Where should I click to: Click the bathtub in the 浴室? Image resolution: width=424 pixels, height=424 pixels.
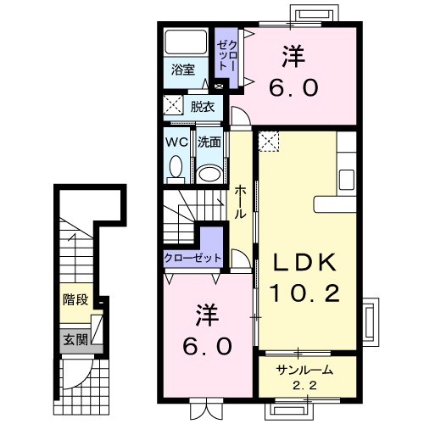[x=186, y=42]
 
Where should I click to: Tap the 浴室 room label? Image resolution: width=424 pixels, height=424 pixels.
[x=183, y=70]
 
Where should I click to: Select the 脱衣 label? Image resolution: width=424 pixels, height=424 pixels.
[x=203, y=107]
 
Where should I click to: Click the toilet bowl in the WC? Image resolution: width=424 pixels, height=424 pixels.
[x=176, y=166]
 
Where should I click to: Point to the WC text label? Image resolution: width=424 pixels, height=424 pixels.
[x=176, y=142]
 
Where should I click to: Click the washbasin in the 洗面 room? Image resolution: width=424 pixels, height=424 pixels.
[x=209, y=174]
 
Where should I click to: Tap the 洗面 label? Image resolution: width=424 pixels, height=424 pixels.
[x=209, y=142]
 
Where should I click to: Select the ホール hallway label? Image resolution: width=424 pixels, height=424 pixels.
[x=240, y=202]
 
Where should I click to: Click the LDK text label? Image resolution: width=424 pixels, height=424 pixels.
[x=305, y=263]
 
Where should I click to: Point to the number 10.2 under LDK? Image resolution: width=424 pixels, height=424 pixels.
[x=305, y=293]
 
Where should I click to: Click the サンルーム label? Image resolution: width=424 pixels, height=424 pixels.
[x=304, y=370]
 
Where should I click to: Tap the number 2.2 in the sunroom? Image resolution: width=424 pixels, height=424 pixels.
[x=304, y=386]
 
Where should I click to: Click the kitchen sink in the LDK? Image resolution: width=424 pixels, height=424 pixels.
[x=347, y=180]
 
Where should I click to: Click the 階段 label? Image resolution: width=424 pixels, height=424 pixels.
[x=75, y=299]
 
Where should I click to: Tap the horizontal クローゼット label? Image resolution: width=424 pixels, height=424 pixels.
[x=192, y=258]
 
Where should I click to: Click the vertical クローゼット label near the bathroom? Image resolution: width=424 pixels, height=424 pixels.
[x=227, y=55]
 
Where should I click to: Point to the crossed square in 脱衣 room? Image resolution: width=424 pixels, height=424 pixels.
[x=173, y=105]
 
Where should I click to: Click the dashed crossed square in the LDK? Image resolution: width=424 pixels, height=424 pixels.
[x=269, y=141]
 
